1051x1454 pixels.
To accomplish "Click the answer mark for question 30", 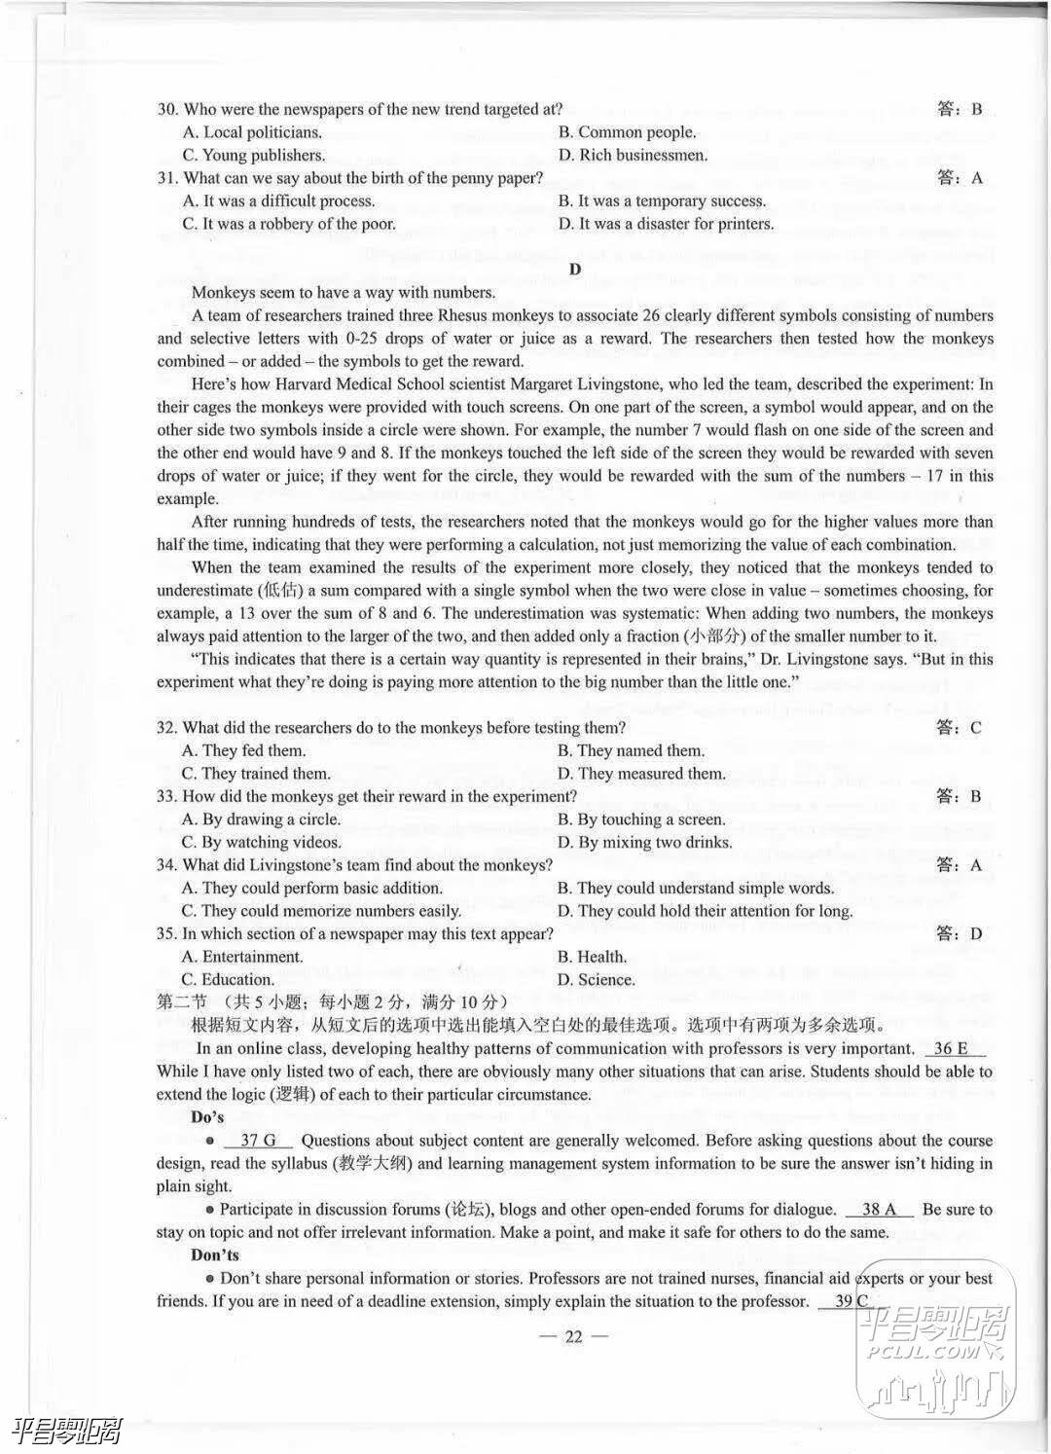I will [960, 109].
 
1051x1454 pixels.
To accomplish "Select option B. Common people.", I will [627, 132].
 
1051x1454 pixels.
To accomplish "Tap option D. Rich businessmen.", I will [633, 155].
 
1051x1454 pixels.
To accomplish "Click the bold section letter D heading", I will [575, 269].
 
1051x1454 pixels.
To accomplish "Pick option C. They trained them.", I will [256, 774].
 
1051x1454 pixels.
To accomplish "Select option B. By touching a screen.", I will [640, 819].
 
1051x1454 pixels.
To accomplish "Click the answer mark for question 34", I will [960, 865].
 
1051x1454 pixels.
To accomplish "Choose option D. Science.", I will [596, 979].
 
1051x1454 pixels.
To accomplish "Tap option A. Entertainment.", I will [241, 957].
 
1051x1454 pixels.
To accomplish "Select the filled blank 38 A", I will [879, 1210].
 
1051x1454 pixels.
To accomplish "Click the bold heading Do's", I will [207, 1117].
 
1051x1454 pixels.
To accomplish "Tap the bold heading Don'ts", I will [215, 1255].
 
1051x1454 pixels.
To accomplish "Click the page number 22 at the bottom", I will [573, 1336].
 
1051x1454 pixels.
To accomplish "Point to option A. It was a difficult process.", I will [278, 201].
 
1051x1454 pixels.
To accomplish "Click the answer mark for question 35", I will [960, 934].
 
